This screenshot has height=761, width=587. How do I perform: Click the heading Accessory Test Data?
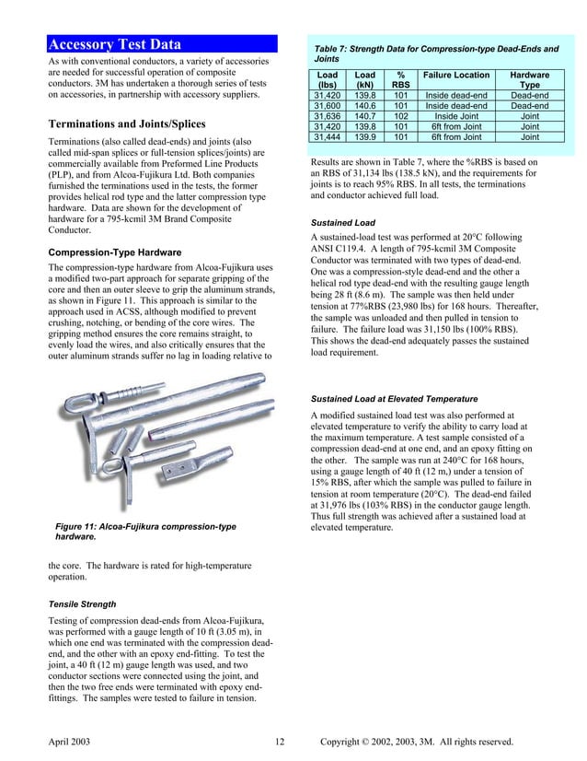pos(114,44)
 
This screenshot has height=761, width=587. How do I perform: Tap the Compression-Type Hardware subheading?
pos(114,252)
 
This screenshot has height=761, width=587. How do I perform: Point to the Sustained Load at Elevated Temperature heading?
pos(394,398)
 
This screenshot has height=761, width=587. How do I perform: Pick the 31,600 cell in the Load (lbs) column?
pos(327,106)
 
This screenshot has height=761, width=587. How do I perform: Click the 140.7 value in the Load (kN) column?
pos(365,116)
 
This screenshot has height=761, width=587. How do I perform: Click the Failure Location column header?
pos(456,75)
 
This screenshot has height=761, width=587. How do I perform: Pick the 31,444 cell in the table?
pos(327,136)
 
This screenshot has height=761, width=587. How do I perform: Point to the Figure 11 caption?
pos(145,531)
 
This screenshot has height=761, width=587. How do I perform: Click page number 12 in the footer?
pos(281,742)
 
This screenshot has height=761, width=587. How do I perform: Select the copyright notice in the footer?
pos(416,742)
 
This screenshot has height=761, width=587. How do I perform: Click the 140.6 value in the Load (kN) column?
pos(365,106)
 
